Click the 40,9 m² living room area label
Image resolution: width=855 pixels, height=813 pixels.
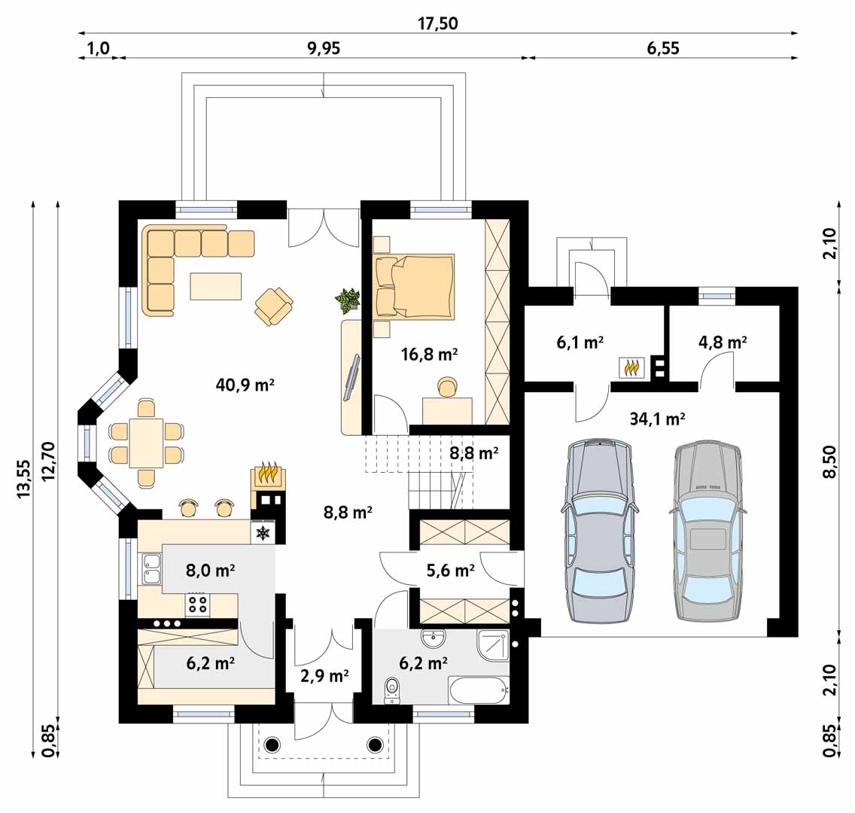(245, 385)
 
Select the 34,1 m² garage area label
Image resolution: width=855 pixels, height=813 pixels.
(657, 419)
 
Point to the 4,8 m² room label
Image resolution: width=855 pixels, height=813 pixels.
(723, 342)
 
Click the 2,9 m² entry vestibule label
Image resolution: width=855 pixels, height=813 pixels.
(324, 675)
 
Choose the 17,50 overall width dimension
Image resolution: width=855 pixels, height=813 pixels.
(438, 24)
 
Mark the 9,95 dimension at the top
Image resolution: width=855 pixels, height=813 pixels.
(324, 49)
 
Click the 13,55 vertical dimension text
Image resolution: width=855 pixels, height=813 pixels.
(24, 478)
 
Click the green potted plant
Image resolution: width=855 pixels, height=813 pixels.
(348, 299)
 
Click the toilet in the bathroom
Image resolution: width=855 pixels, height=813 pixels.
(391, 689)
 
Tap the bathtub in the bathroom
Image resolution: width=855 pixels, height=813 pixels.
(478, 689)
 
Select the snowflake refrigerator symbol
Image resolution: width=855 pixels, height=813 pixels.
(263, 533)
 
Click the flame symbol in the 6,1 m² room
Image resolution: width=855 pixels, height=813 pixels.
(631, 367)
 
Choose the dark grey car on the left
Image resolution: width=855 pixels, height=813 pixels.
(599, 531)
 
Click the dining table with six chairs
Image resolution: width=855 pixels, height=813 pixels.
(146, 443)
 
